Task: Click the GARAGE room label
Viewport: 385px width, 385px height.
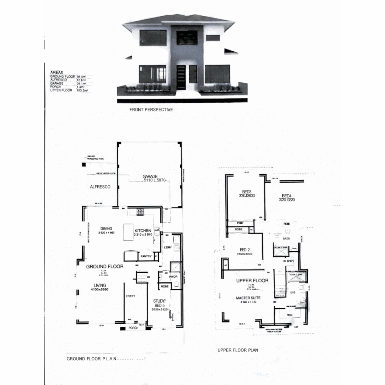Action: (150, 176)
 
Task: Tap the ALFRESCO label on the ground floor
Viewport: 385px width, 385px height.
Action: (100, 187)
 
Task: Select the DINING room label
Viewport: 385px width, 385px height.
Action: (106, 229)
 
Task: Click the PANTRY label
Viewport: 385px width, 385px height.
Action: (147, 256)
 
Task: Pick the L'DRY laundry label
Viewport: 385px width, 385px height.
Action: (168, 247)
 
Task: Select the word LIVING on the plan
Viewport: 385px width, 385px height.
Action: (100, 285)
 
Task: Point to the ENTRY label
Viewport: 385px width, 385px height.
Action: (130, 296)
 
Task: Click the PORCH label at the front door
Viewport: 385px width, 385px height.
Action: (133, 328)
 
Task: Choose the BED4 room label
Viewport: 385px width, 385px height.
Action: (287, 196)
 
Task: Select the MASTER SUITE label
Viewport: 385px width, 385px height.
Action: (248, 298)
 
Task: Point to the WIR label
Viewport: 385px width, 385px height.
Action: (290, 315)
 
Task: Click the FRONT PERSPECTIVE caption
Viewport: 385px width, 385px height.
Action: (151, 110)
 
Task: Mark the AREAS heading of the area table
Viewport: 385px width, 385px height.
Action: (57, 73)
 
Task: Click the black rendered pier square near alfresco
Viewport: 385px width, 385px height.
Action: (84, 164)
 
